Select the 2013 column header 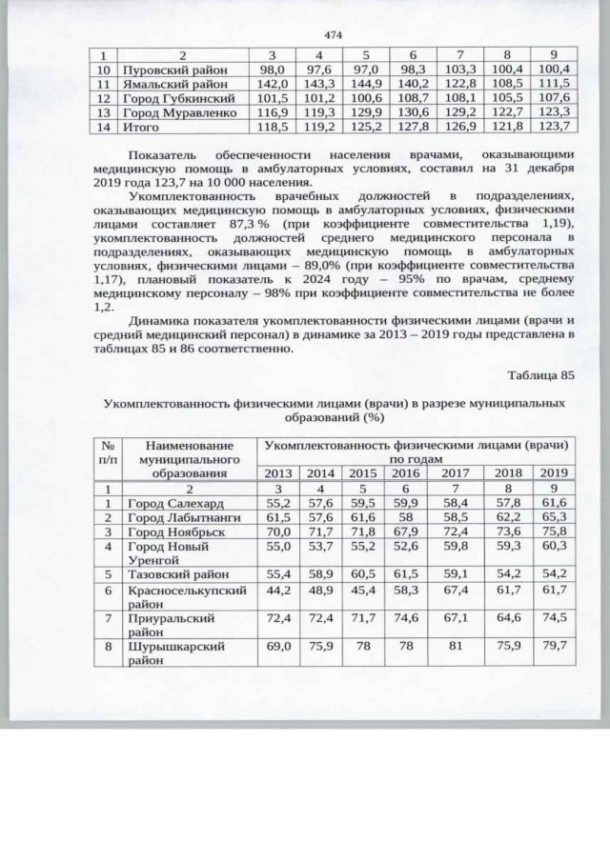(277, 472)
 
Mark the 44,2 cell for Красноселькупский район (277, 591)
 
